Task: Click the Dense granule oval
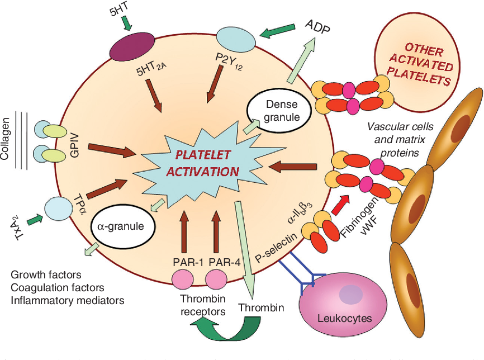(x=278, y=111)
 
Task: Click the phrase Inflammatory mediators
(x=67, y=300)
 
